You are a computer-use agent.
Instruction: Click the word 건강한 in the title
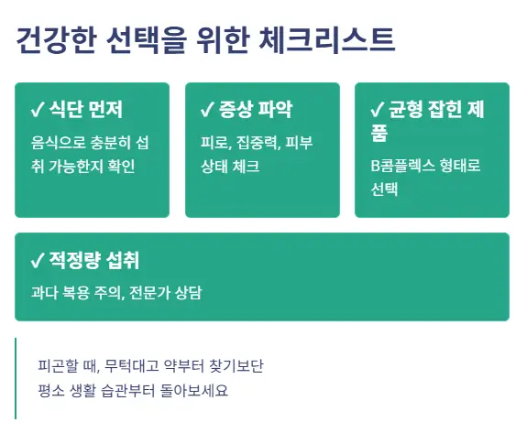(x=53, y=40)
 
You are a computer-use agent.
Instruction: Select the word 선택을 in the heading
(x=152, y=40)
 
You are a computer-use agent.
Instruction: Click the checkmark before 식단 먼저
(x=38, y=111)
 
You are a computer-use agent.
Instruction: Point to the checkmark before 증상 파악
(x=207, y=111)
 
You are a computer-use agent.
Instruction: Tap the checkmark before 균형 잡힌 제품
(x=377, y=111)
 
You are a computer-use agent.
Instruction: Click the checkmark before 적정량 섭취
(x=38, y=261)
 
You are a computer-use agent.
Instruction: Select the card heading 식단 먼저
(x=86, y=111)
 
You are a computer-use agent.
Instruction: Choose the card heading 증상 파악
(x=256, y=111)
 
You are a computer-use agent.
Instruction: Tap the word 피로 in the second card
(x=214, y=143)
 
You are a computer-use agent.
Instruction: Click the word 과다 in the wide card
(x=43, y=294)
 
